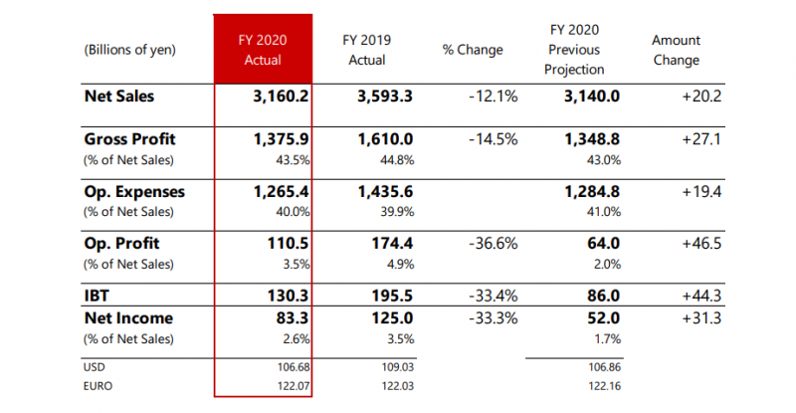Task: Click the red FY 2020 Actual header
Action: [264, 50]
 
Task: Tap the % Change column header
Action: [473, 50]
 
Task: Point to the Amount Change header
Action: [676, 50]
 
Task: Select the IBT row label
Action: [99, 294]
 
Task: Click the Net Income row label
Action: [129, 318]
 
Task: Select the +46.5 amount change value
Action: [699, 243]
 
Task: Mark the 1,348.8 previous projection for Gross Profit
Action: [593, 139]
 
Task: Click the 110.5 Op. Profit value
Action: [282, 243]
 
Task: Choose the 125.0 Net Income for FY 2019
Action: [392, 318]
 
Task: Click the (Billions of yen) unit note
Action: [130, 50]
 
